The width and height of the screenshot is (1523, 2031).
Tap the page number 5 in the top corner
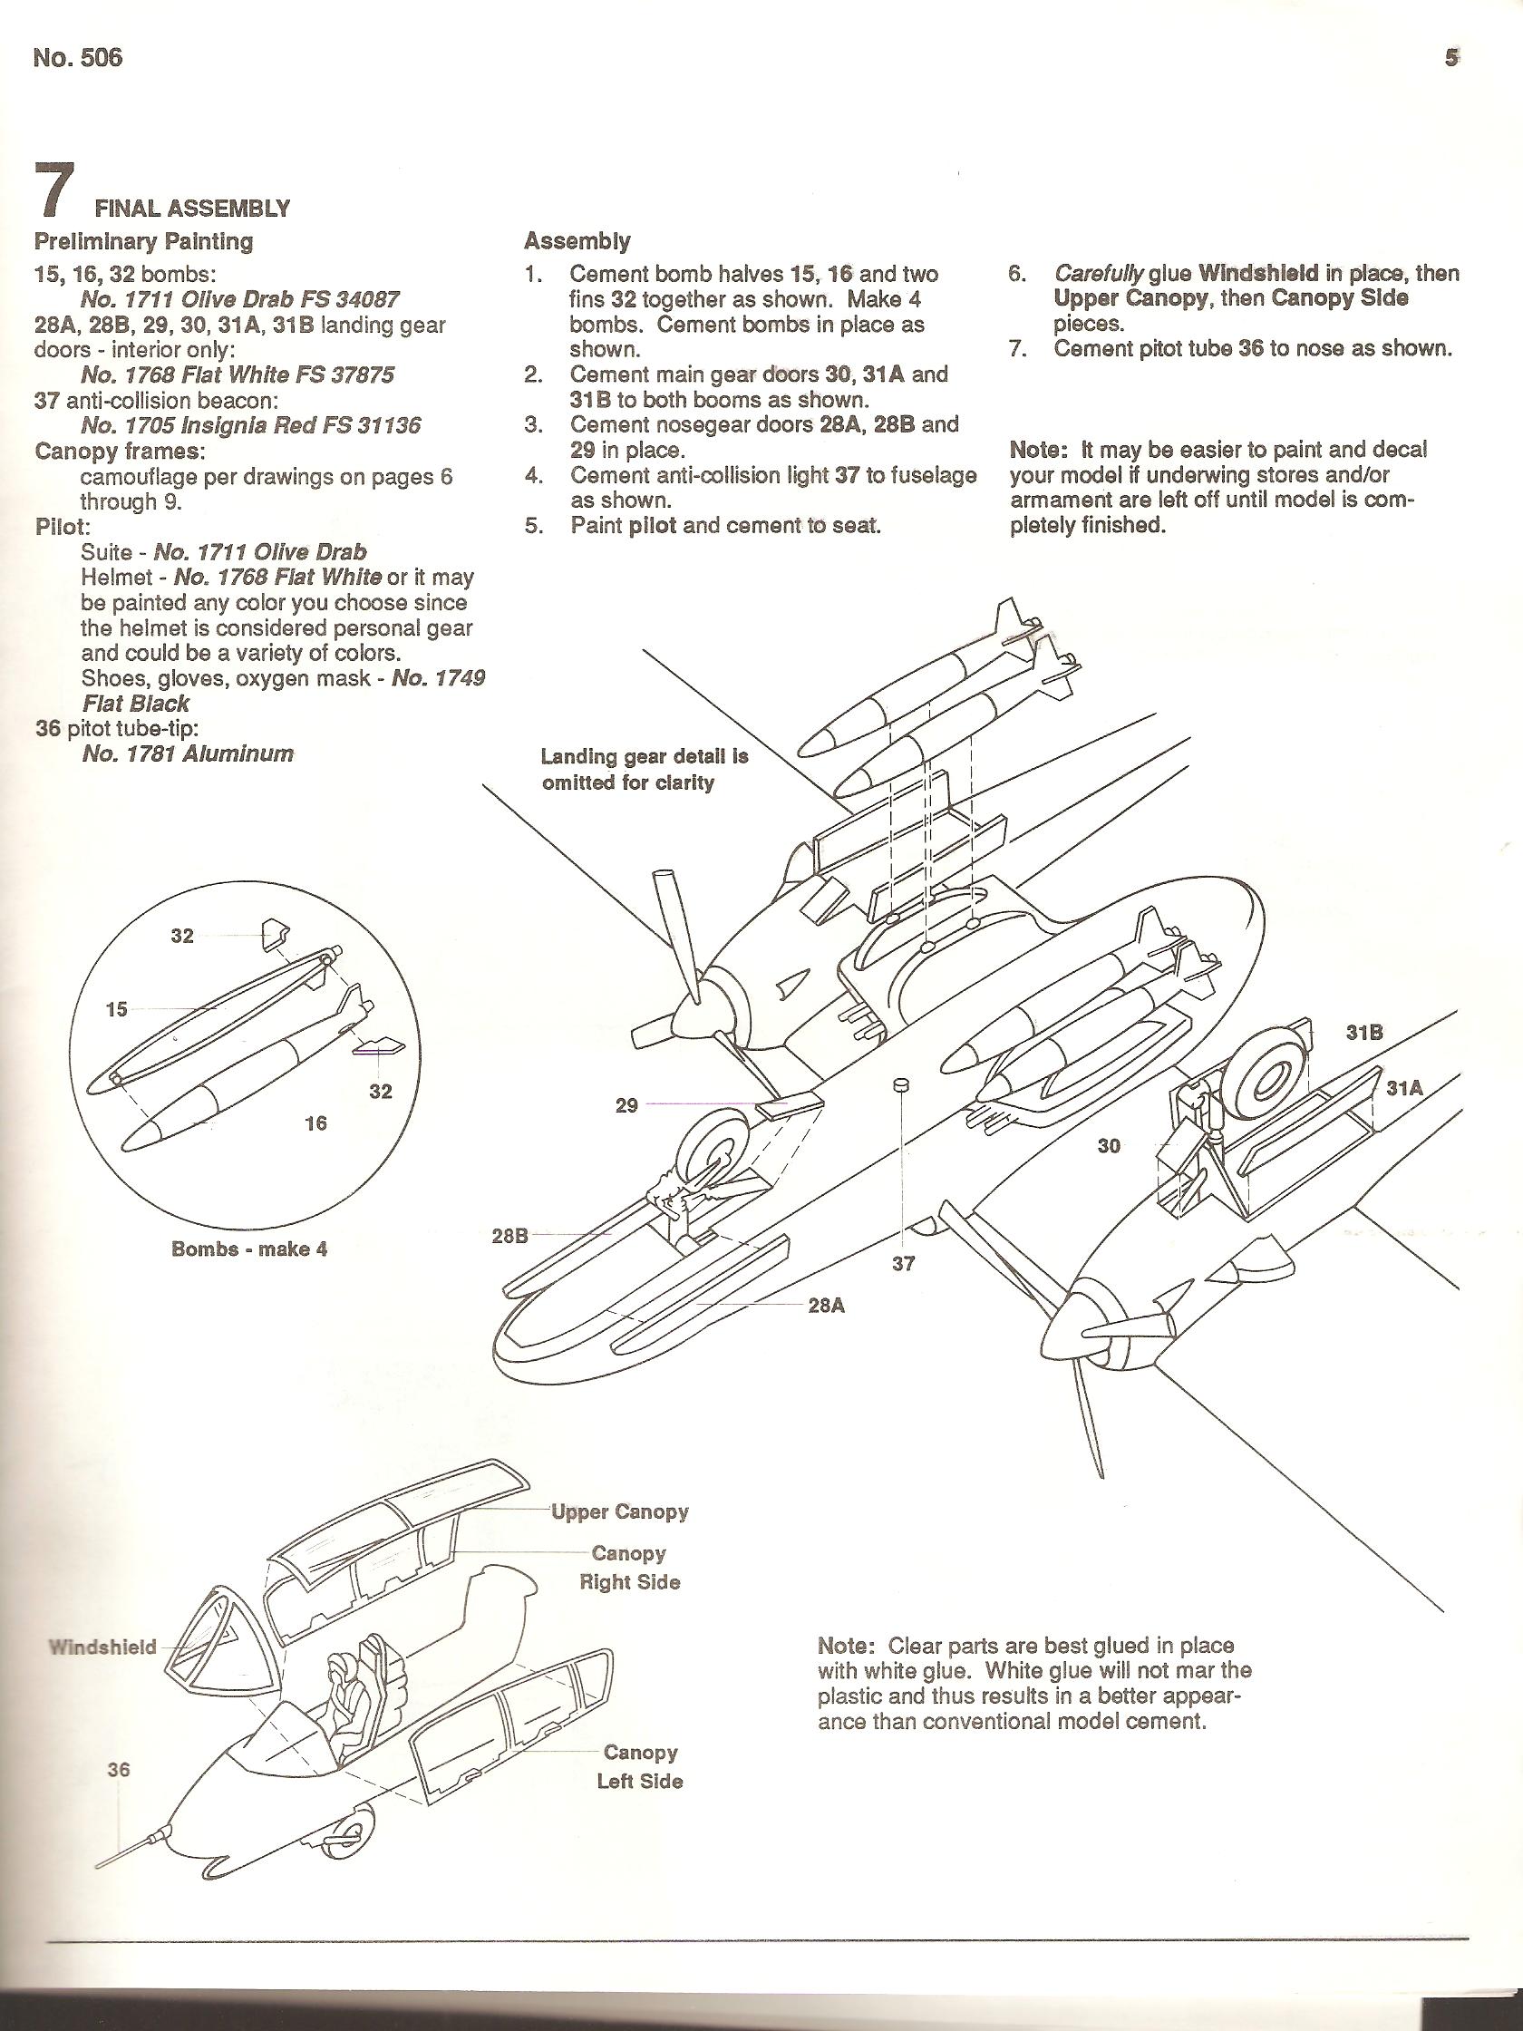tap(1450, 58)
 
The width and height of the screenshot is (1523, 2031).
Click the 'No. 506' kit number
tap(77, 59)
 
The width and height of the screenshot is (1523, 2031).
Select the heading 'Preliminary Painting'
tap(143, 241)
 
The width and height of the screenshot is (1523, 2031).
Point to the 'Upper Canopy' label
tap(620, 1511)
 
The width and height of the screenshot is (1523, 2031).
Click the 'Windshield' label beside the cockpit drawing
tap(102, 1647)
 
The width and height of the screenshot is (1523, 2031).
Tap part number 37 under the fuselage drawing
tap(903, 1263)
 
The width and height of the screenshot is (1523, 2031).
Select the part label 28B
tap(510, 1235)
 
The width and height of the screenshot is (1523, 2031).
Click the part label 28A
tap(825, 1305)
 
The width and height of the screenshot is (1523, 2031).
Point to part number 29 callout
tap(626, 1104)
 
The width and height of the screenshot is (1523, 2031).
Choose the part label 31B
tap(1364, 1032)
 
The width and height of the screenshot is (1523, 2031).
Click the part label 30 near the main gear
tap(1109, 1145)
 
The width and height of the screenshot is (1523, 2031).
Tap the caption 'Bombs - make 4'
tap(248, 1249)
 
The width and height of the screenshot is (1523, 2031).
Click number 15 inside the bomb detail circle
tap(117, 1009)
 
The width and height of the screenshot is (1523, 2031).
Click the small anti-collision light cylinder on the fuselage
tap(901, 1085)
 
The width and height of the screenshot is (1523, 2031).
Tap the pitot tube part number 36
tap(119, 1769)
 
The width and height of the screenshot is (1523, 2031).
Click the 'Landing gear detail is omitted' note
tap(645, 770)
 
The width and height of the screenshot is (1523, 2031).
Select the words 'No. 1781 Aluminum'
tap(188, 753)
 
